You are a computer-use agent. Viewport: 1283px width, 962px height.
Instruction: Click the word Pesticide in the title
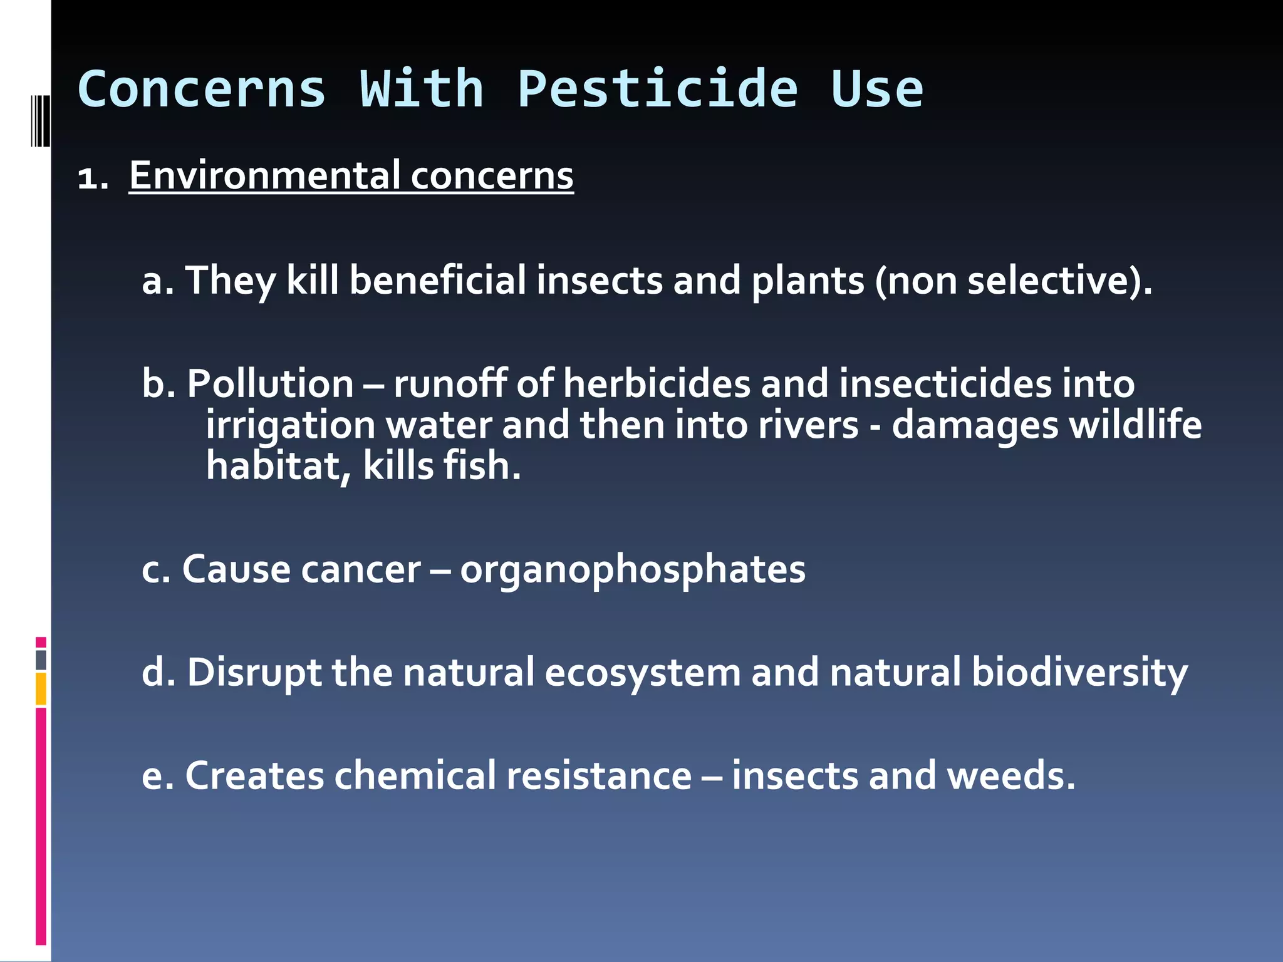pos(657,89)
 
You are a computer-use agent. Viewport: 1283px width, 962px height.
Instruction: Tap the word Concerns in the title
pos(202,89)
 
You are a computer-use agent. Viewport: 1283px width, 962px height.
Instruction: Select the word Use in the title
pos(876,89)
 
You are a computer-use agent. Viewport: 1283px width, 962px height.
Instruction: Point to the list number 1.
pos(92,178)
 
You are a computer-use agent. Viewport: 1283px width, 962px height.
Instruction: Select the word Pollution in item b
pos(270,383)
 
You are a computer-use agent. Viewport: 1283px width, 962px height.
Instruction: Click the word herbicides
pos(657,383)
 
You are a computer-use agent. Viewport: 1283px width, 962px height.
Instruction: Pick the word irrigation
pos(291,425)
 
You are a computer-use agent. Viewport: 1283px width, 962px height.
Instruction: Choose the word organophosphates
pos(633,569)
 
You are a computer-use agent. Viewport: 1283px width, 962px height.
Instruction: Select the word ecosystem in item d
pos(642,673)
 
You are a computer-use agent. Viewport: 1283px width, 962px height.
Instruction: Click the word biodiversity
pos(1079,673)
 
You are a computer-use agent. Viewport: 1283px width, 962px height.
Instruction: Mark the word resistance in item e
pos(599,775)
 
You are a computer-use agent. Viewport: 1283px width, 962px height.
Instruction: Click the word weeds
pos(1010,775)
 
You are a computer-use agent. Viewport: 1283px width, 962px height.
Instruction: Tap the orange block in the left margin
pos(41,689)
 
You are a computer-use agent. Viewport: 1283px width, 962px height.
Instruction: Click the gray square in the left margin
pos(41,660)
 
